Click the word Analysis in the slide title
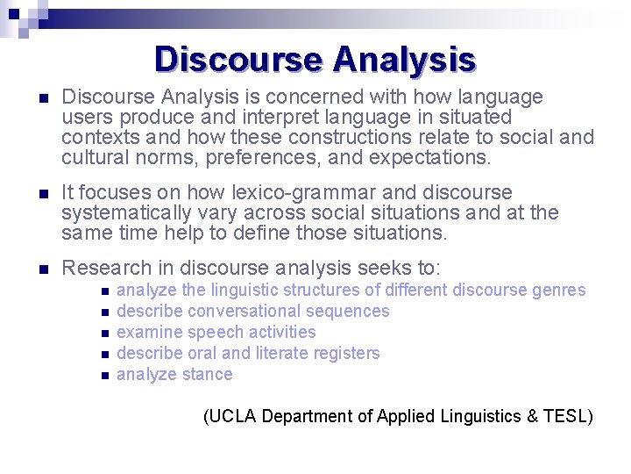pos(404,60)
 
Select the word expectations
pos(429,157)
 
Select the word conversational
pos(237,311)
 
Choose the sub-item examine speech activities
pos(216,332)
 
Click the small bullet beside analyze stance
pos(104,376)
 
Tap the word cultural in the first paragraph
pos(90,157)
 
